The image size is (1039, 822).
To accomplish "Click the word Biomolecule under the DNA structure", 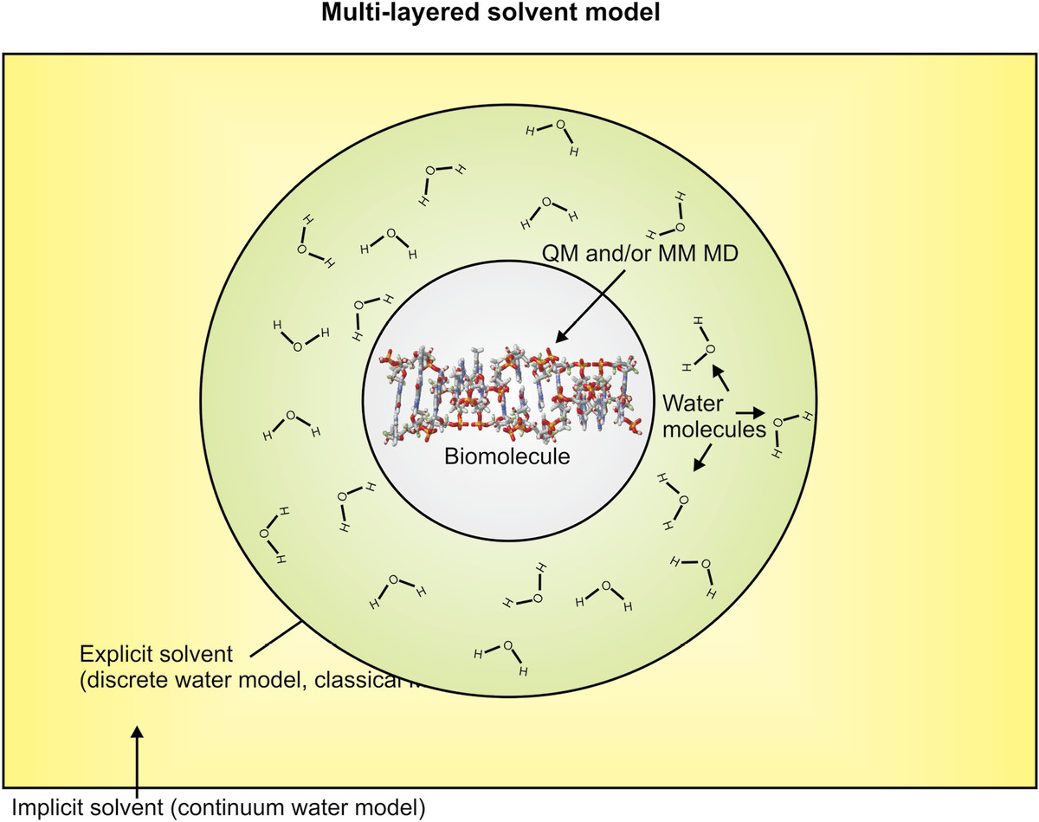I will coord(508,456).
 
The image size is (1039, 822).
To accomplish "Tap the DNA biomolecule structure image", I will coord(510,394).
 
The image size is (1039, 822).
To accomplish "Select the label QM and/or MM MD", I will coord(638,253).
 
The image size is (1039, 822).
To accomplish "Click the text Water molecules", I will coord(713,415).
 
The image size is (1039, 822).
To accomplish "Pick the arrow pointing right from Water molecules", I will coord(752,414).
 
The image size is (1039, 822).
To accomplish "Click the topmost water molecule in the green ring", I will coord(555,136).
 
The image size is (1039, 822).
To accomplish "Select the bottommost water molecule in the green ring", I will coord(505,656).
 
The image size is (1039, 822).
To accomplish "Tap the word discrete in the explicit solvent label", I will coord(122,679).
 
